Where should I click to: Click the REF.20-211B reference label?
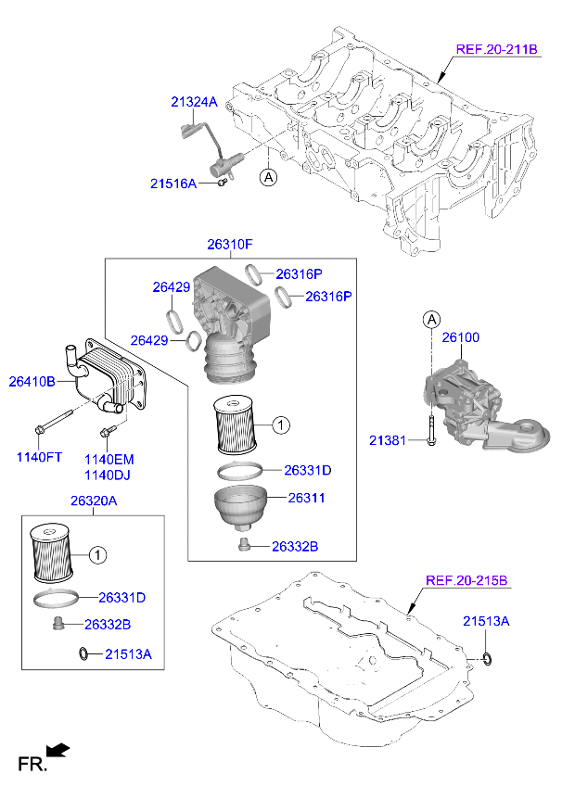(496, 50)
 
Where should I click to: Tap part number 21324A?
(193, 102)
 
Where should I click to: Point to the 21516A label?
(173, 184)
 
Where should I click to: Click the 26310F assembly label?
(229, 245)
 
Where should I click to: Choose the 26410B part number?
(32, 381)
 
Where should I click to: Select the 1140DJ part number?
(109, 474)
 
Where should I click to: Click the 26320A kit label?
(93, 501)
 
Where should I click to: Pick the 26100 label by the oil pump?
(460, 337)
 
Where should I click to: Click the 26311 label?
(306, 498)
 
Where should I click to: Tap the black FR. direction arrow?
(58, 749)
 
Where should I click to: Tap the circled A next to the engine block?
(267, 175)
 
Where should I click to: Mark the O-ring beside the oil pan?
(487, 658)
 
